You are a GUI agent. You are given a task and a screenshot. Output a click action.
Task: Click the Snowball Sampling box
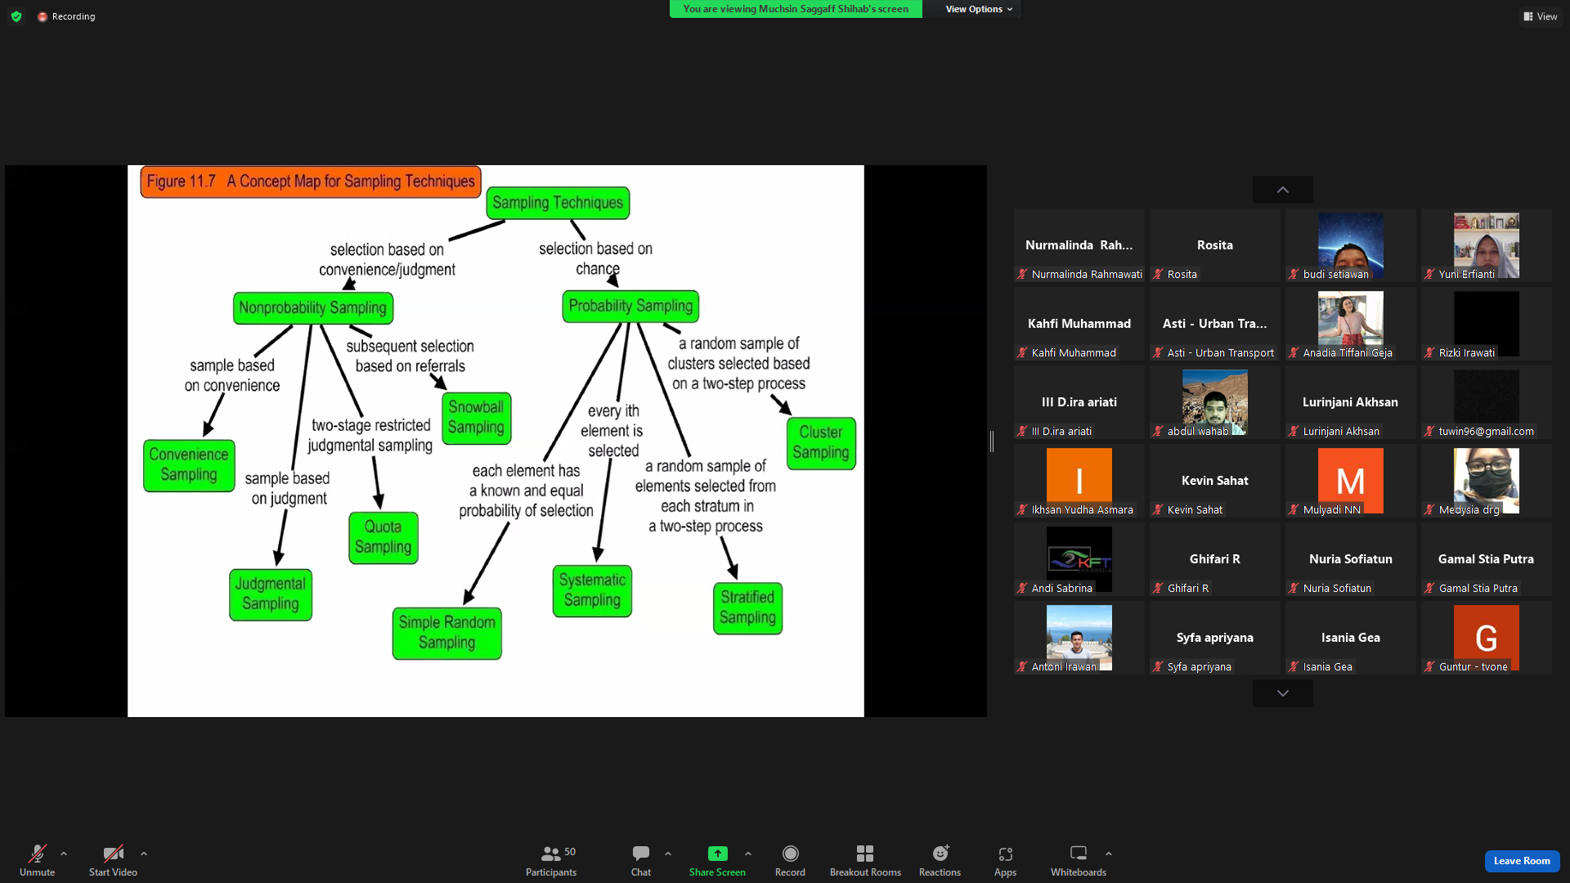coord(477,418)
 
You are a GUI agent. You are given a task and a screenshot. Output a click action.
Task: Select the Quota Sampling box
coord(384,537)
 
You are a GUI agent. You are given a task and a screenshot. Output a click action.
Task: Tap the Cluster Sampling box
coord(821,443)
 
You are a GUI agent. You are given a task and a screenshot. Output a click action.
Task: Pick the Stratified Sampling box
coord(748,608)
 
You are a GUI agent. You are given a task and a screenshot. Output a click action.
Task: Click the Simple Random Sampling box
coord(447,633)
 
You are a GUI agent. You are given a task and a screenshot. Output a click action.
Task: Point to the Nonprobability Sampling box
coord(313,308)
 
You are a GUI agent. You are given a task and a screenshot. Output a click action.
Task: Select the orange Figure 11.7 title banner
coord(311,182)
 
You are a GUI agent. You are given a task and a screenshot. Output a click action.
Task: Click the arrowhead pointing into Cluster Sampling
coord(785,406)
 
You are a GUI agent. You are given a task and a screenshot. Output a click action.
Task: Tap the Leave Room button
coord(1522,861)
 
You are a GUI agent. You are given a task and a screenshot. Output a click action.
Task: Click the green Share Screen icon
coord(717,854)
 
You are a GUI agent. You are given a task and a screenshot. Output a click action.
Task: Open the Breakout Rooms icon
coord(865,854)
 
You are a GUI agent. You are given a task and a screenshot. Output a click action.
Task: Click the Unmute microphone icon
coord(38,854)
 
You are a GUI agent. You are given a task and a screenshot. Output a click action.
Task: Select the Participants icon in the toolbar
coord(551,854)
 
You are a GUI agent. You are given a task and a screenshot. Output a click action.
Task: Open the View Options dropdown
coord(979,9)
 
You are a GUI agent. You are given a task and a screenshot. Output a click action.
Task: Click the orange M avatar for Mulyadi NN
coord(1351,481)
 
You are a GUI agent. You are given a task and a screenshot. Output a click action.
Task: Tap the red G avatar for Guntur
coord(1487,638)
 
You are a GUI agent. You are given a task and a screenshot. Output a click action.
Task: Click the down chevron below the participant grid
coord(1283,693)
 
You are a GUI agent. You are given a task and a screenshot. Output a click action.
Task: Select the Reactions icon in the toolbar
coord(940,854)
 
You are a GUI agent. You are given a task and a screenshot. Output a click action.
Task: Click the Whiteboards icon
coord(1079,854)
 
